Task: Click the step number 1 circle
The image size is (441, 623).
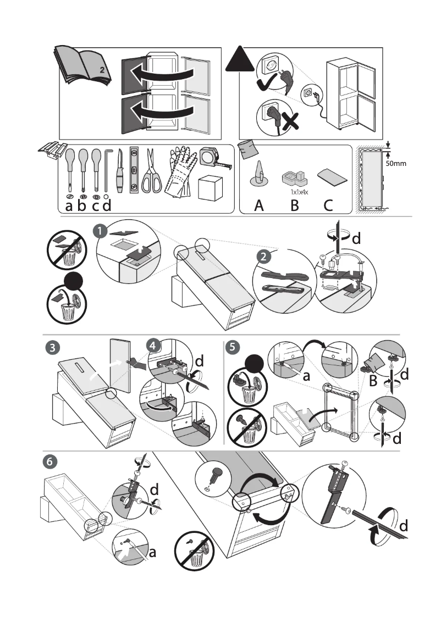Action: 100,232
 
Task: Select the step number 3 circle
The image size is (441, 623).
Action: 51,347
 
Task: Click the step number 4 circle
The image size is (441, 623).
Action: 153,346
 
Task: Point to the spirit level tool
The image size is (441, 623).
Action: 134,169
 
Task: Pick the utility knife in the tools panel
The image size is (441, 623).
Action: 119,171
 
